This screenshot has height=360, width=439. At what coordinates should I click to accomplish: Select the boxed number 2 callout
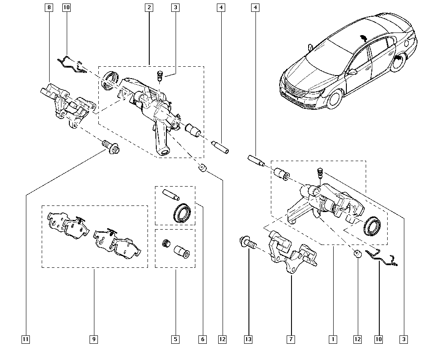tap(149, 7)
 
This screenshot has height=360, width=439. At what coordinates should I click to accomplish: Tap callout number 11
tap(26, 339)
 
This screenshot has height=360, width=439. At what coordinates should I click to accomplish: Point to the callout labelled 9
tap(94, 339)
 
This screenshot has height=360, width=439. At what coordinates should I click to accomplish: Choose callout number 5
tap(175, 339)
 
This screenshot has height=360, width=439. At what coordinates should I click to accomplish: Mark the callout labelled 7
tap(291, 339)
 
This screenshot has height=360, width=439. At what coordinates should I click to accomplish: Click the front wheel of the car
tap(335, 98)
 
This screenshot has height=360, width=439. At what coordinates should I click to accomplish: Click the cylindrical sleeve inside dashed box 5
tap(181, 252)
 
